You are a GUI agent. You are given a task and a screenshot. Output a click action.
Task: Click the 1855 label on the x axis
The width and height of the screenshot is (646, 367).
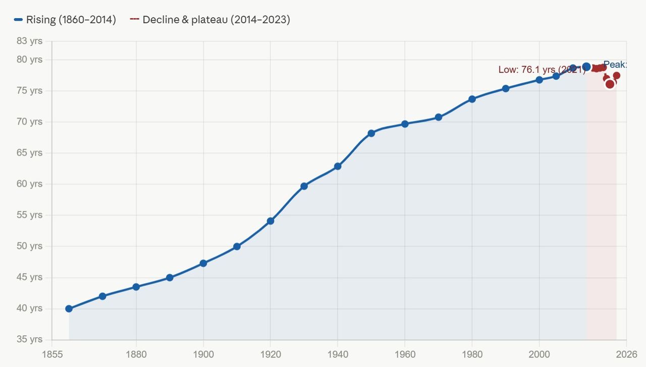[x=52, y=354]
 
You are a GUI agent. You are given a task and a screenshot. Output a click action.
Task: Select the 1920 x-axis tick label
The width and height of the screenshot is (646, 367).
[x=271, y=354]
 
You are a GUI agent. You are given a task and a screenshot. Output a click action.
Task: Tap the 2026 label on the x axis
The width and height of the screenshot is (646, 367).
[x=626, y=354]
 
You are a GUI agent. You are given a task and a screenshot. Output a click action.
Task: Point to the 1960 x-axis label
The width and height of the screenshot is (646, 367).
[x=405, y=354]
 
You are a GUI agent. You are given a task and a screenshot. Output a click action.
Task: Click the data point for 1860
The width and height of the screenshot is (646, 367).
[x=69, y=309]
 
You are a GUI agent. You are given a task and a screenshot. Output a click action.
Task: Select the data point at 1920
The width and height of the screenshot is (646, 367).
[x=271, y=221]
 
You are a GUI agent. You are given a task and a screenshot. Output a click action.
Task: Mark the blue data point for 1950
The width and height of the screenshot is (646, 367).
[x=371, y=133]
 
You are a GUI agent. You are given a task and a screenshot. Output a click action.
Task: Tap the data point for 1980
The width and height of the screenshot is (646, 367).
[x=472, y=99]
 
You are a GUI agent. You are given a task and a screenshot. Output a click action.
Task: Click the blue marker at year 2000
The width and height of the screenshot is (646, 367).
[x=539, y=80]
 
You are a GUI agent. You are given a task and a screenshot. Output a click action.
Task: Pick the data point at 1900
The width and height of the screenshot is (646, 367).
[x=203, y=263]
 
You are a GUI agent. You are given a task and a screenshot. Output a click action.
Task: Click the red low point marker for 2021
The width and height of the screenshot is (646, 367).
[x=610, y=84]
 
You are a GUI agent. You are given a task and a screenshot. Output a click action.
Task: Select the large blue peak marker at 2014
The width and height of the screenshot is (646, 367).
[x=586, y=67]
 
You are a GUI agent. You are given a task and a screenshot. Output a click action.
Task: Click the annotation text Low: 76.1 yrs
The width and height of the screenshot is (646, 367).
[x=542, y=70]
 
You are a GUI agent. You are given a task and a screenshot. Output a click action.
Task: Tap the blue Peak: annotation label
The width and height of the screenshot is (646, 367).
[x=615, y=65]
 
